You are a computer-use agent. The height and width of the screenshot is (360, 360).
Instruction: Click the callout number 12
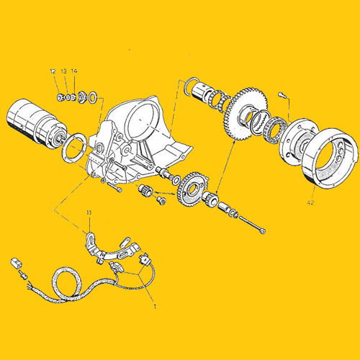coord(53,71)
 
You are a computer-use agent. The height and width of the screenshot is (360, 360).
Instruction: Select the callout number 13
coord(63,71)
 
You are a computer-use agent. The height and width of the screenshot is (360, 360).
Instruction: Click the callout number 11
coord(89,212)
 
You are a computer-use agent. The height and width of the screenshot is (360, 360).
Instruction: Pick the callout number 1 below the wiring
coord(153,305)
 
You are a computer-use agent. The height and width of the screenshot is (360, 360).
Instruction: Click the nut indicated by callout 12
coord(58,96)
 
